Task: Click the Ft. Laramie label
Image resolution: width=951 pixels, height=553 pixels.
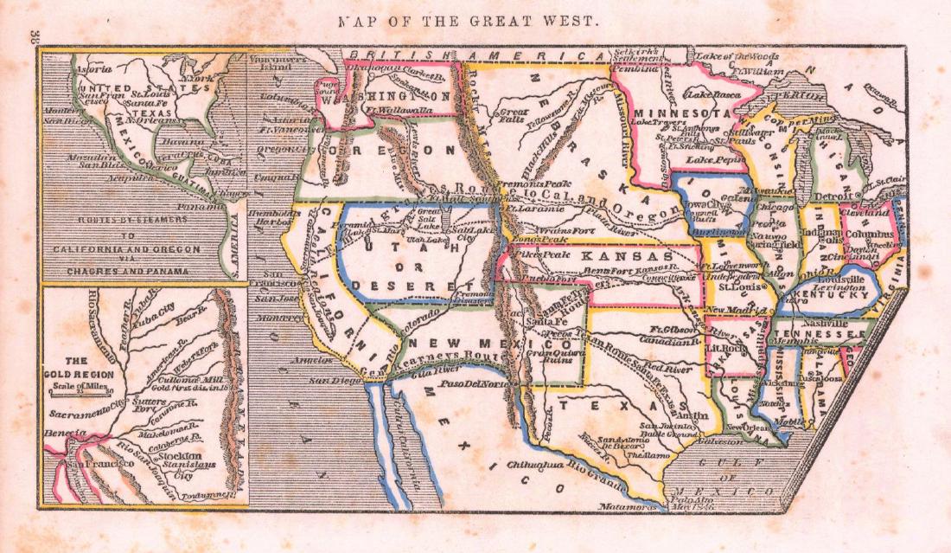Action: click(x=529, y=209)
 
